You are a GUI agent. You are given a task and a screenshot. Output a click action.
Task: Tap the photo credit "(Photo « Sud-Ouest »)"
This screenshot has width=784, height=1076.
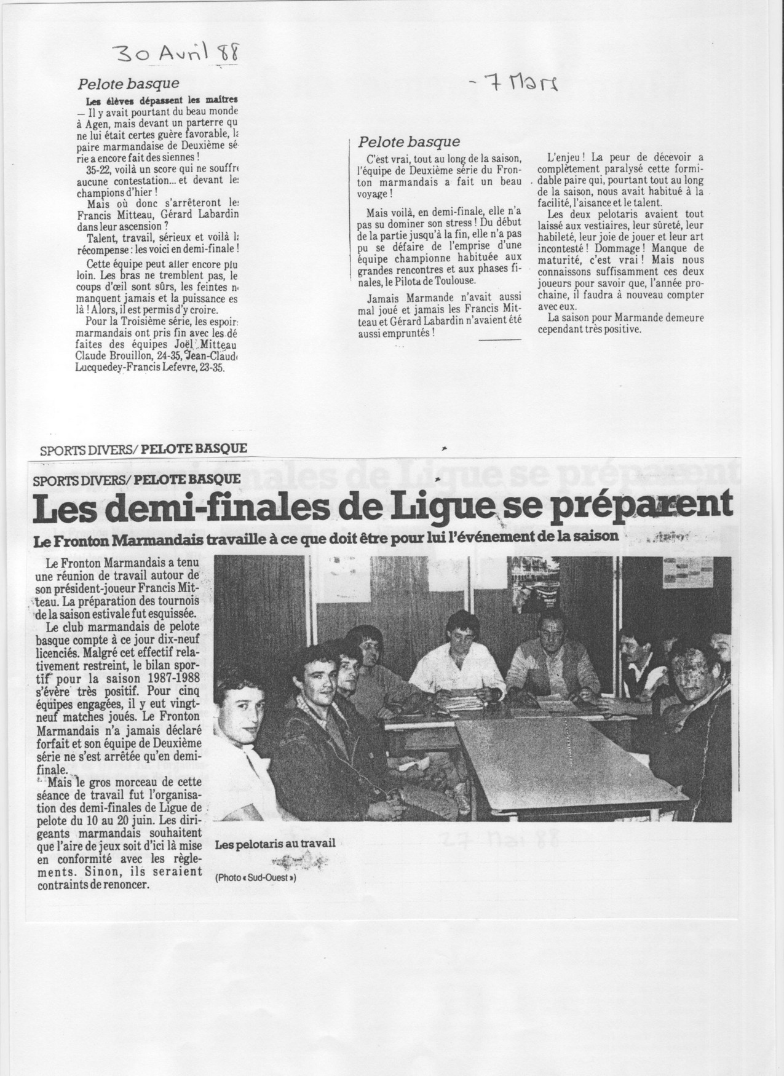(256, 879)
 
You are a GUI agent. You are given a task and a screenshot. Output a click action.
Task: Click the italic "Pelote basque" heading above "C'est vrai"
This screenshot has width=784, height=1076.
(409, 143)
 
